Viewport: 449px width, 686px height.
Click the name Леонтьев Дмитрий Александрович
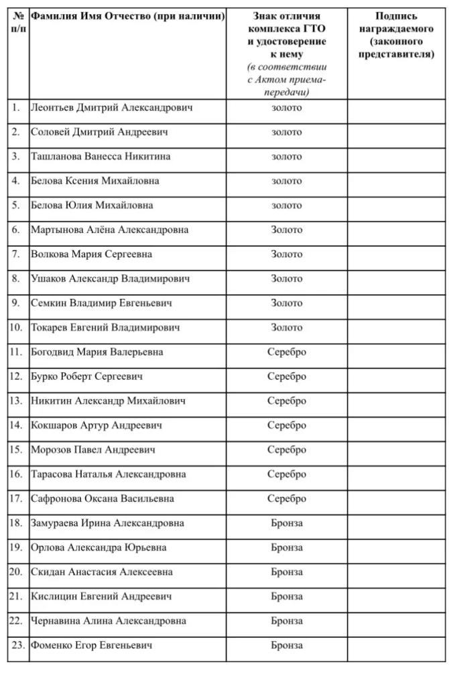pyautogui.click(x=111, y=108)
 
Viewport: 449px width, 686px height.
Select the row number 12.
pyautogui.click(x=16, y=376)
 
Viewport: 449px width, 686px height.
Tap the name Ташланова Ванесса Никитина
pyautogui.click(x=101, y=157)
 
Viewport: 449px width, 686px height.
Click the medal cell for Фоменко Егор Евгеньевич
pyautogui.click(x=287, y=646)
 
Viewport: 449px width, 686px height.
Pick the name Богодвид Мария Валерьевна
pyautogui.click(x=97, y=352)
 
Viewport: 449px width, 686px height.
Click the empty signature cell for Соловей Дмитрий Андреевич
pyautogui.click(x=397, y=133)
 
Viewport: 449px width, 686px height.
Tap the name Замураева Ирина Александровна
pyautogui.click(x=107, y=523)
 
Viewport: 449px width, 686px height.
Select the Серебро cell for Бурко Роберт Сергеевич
pyautogui.click(x=287, y=376)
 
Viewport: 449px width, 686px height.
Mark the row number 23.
pyautogui.click(x=18, y=646)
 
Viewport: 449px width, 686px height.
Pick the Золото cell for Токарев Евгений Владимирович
pyautogui.click(x=287, y=328)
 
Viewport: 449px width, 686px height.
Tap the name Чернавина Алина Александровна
pyautogui.click(x=108, y=621)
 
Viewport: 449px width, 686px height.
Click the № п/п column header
pyautogui.click(x=18, y=24)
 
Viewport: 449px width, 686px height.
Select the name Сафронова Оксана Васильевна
pyautogui.click(x=103, y=498)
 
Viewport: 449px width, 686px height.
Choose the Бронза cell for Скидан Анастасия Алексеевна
pyautogui.click(x=287, y=572)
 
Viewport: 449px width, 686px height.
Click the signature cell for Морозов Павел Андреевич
pyautogui.click(x=397, y=450)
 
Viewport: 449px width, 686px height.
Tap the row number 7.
pyautogui.click(x=16, y=255)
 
